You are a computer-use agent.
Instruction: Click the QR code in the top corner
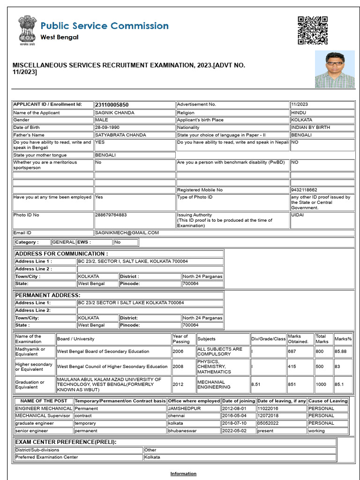(x=312, y=30)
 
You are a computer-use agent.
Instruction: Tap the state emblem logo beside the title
(x=26, y=30)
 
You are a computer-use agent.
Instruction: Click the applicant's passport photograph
(x=334, y=69)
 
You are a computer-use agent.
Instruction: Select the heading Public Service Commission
(x=104, y=26)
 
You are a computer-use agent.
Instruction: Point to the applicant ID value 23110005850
(x=112, y=105)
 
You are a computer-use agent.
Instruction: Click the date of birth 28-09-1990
(x=107, y=127)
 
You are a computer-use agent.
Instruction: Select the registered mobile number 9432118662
(x=304, y=190)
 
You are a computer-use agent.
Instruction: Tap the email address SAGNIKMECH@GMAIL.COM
(x=127, y=232)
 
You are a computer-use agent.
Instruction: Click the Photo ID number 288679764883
(x=111, y=215)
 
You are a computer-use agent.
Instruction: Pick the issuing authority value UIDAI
(x=298, y=215)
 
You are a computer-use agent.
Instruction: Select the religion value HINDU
(x=299, y=113)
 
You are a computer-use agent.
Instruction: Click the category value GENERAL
(x=63, y=242)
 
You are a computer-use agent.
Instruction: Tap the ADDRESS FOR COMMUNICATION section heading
(x=61, y=254)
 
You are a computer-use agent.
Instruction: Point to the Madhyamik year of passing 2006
(x=178, y=351)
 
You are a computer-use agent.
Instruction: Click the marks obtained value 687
(x=292, y=351)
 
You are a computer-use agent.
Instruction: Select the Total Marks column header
(x=321, y=339)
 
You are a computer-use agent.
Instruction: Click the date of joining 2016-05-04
(x=234, y=416)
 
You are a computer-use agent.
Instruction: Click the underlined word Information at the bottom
(x=183, y=473)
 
